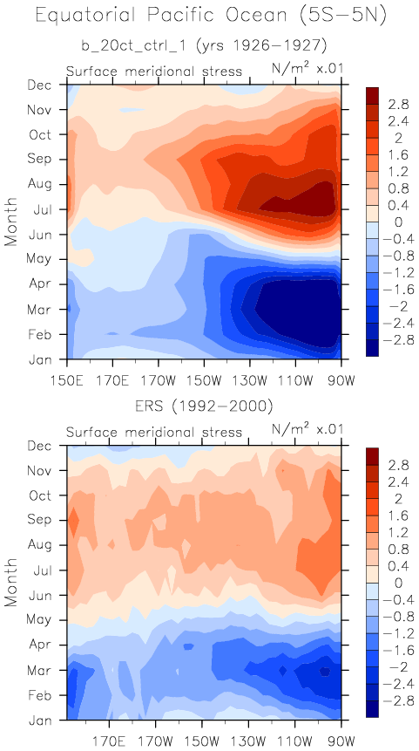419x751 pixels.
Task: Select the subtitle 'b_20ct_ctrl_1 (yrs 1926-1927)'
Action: pyautogui.click(x=204, y=46)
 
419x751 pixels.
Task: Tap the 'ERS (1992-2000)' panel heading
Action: pyautogui.click(x=204, y=407)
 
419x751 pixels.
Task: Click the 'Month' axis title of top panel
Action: pyautogui.click(x=11, y=221)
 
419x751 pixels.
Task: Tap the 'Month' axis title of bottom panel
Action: pyautogui.click(x=11, y=582)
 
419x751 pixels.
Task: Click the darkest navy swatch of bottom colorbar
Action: pyautogui.click(x=372, y=709)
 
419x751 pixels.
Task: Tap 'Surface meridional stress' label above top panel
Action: pyautogui.click(x=154, y=72)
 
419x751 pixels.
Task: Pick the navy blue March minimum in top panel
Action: pyautogui.click(x=296, y=311)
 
